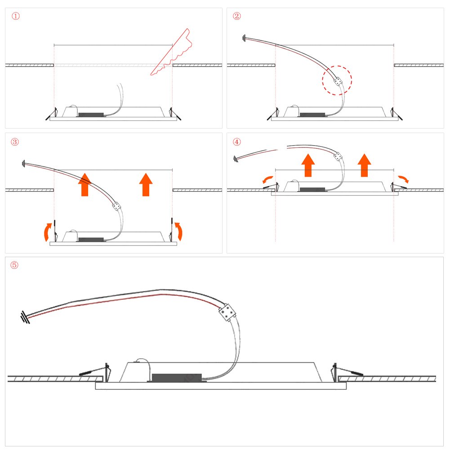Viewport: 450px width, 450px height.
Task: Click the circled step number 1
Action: tap(15, 16)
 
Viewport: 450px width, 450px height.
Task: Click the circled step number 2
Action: tap(237, 16)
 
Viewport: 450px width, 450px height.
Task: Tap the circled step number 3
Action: tap(15, 142)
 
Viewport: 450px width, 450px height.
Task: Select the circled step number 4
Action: tap(237, 142)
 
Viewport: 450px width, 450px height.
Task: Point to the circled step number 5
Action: tap(14, 265)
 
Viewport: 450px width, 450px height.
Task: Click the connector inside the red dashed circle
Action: tap(338, 81)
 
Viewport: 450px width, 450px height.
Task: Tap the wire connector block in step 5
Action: tap(227, 312)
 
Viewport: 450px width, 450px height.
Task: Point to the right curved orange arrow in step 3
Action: tap(179, 231)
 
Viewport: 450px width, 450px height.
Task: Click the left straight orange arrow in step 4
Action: tap(308, 165)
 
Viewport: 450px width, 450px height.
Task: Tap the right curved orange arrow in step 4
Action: tap(404, 178)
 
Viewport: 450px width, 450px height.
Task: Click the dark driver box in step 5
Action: tap(177, 378)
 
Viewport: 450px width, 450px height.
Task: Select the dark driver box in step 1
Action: tap(91, 115)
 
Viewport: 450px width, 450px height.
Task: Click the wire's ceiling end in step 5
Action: tap(25, 317)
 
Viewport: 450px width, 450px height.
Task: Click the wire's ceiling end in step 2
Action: tap(244, 38)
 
